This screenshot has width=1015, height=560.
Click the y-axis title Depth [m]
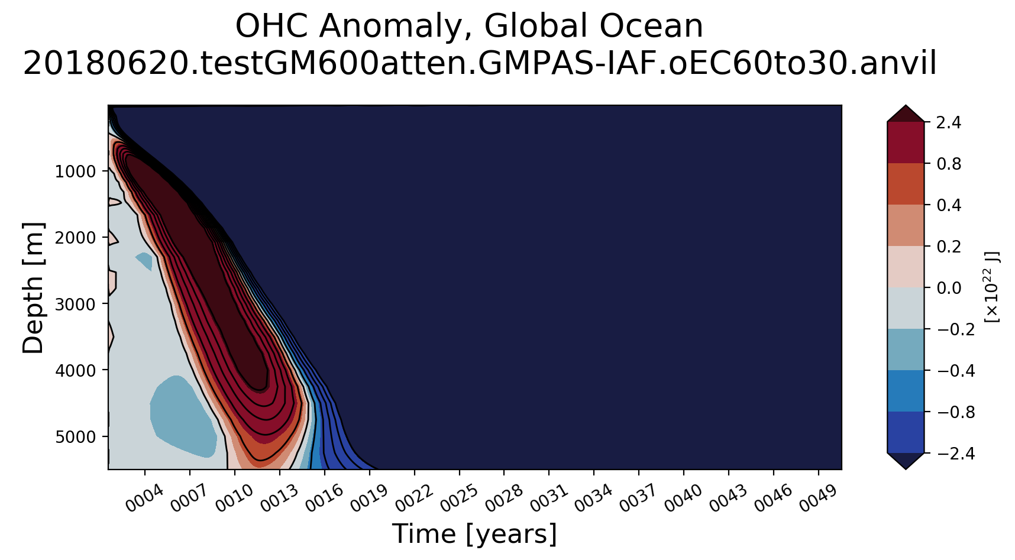[33, 288]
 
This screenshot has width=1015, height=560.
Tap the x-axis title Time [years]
[474, 534]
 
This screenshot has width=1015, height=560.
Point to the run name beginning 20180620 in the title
[480, 64]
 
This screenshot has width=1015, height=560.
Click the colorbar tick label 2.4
[948, 122]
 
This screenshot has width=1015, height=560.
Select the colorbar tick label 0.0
[948, 288]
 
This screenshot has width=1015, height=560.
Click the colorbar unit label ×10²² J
[992, 287]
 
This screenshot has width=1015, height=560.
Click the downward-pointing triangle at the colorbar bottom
[906, 460]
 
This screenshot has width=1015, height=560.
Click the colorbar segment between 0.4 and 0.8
[906, 184]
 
